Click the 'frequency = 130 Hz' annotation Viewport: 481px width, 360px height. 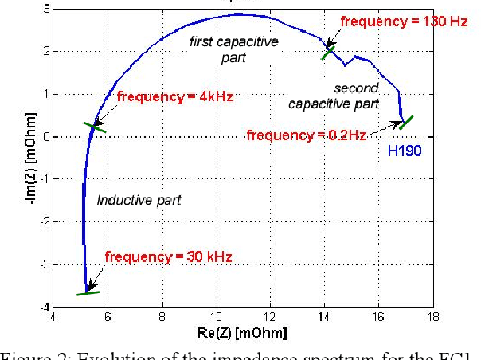coord(403,22)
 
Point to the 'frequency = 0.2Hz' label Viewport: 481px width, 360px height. coord(306,135)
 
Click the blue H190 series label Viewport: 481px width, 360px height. coord(404,151)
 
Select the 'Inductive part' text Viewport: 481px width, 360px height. coord(139,199)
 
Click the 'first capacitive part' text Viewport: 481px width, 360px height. coord(234,49)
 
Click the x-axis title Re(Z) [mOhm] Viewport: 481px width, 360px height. coord(243,331)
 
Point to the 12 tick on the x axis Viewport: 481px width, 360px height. coord(271,316)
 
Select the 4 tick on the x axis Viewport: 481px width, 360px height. coord(53,316)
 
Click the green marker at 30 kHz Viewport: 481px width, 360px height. coord(88,293)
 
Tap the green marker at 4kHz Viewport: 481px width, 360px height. coord(95,126)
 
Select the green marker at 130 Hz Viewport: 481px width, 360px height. coord(328,53)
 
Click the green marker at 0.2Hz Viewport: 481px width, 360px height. coord(406,122)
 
